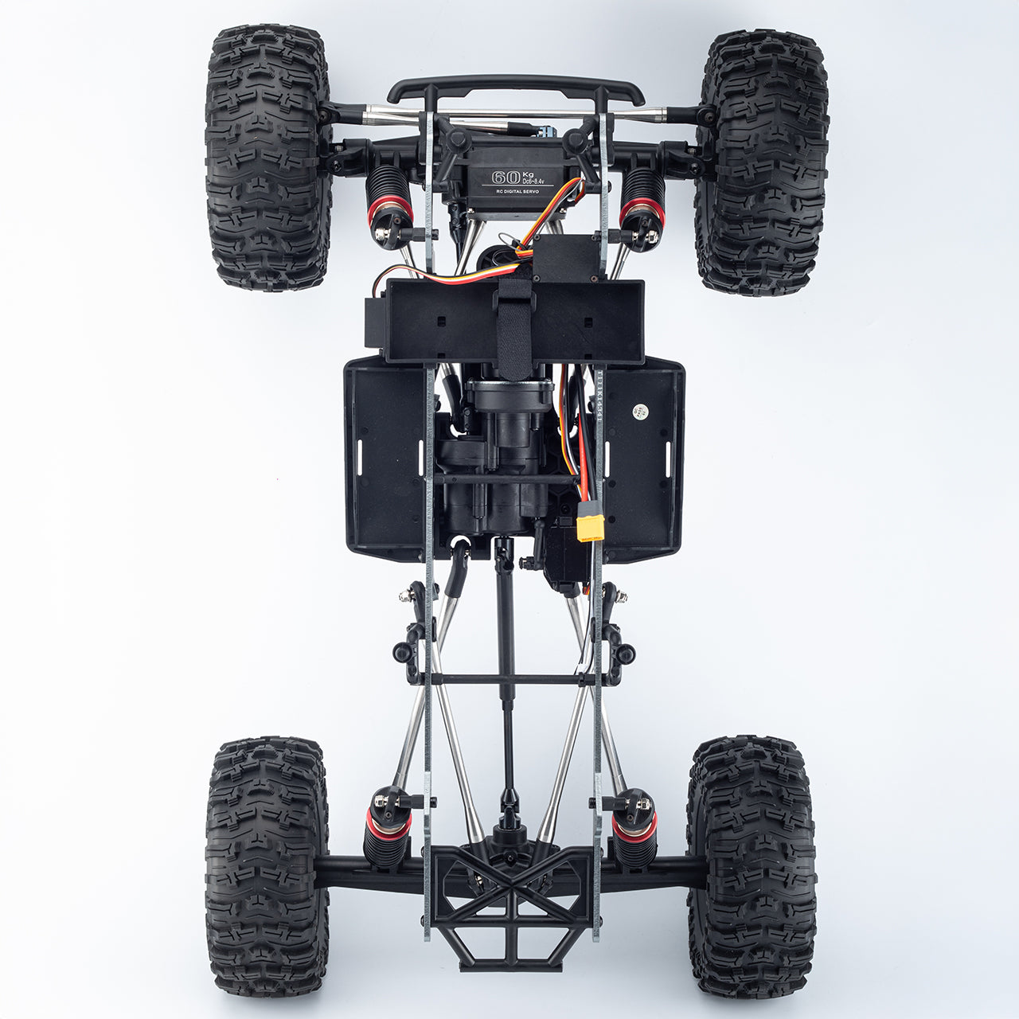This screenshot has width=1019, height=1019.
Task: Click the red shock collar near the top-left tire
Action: [x=389, y=209]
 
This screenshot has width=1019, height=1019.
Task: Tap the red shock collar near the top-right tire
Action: [x=641, y=209]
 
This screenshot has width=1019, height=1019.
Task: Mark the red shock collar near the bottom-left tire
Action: [x=388, y=822]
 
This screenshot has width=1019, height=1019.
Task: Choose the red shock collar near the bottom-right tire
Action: [x=634, y=822]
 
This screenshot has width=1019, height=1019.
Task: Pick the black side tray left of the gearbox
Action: [x=384, y=458]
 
